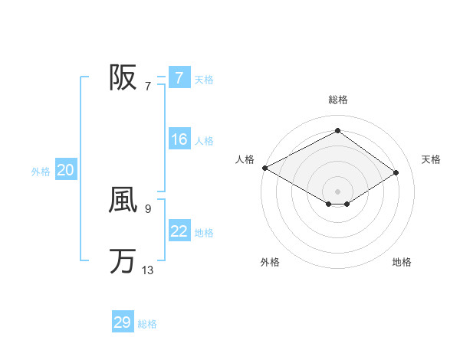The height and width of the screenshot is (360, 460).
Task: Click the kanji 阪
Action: pos(123,77)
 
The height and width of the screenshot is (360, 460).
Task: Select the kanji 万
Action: pos(123,261)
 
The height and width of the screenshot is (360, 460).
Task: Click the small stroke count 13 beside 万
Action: pos(147,270)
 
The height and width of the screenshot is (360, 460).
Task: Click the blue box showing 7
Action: pos(179,77)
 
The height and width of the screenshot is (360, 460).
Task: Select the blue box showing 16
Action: pos(179,139)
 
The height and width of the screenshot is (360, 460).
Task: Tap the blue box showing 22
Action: pos(179,231)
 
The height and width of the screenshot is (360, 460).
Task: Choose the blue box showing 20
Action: pos(65,170)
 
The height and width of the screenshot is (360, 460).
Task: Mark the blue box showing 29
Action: pos(123,322)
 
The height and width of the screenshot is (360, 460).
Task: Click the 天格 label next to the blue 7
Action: pos(204,79)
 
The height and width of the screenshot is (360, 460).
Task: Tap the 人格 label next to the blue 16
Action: pos(204,141)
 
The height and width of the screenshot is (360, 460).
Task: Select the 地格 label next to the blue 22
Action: pos(204,233)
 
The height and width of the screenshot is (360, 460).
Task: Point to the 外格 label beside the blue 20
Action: pos(41,172)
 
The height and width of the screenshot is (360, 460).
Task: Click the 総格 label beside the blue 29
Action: pos(148,324)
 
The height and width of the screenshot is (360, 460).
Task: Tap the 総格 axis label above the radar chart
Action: pos(337,100)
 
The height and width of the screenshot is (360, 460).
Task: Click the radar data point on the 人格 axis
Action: pos(264,168)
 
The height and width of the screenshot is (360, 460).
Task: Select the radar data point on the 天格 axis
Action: pos(396,172)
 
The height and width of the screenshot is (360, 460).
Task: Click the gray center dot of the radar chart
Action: pos(337,190)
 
